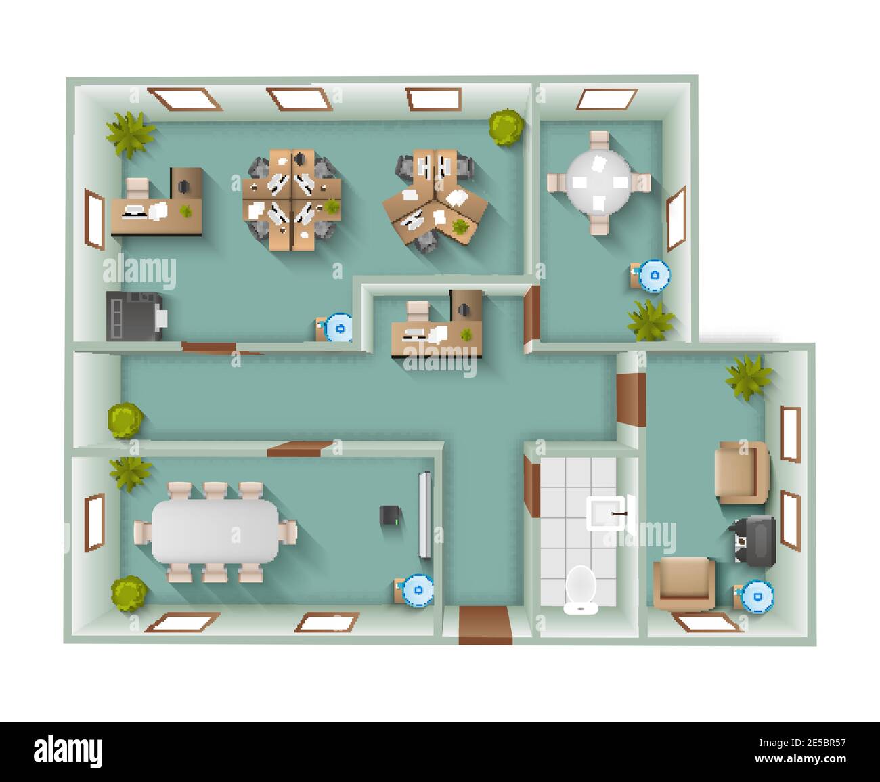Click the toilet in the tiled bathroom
(x=580, y=590)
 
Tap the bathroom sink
(x=608, y=513)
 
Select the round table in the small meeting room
(x=598, y=182)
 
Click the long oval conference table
(x=215, y=531)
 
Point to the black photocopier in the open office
(x=136, y=316)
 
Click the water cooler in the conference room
(x=415, y=590)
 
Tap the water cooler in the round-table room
(x=651, y=276)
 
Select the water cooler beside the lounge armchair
(x=755, y=597)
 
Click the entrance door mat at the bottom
(x=485, y=626)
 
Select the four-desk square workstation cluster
(x=292, y=200)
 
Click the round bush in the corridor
(x=125, y=420)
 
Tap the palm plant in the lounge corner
(x=749, y=377)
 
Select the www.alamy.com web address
(x=800, y=759)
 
